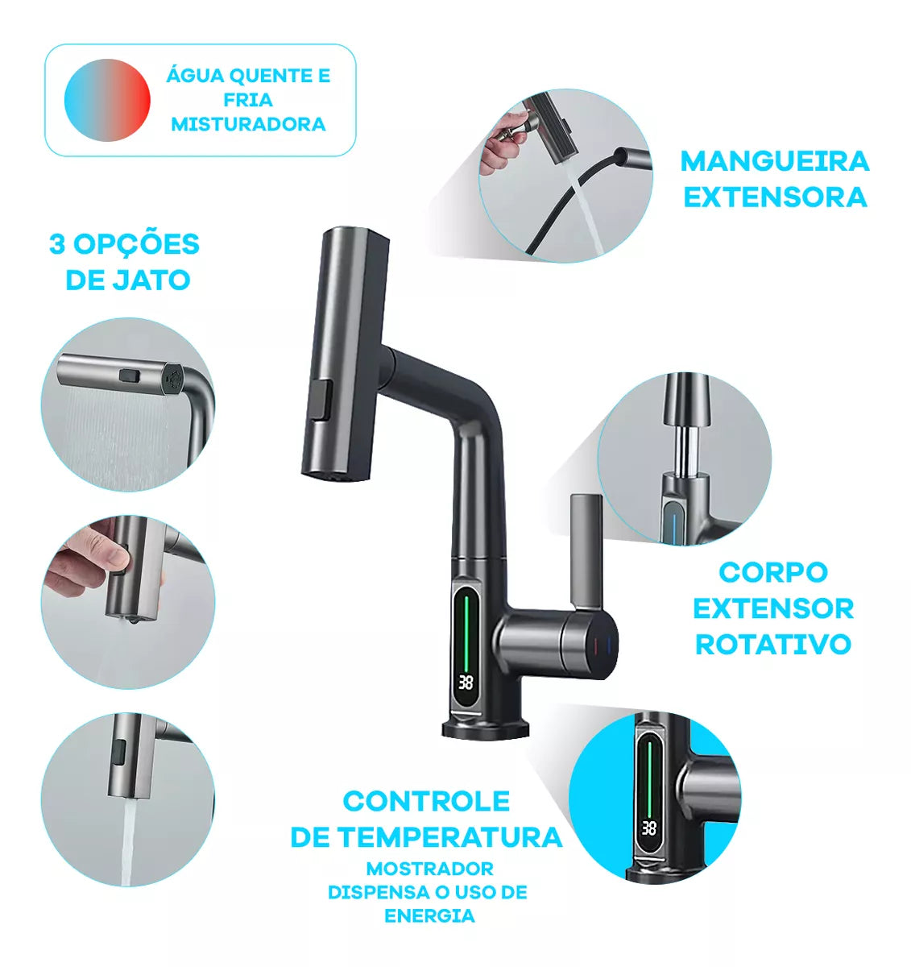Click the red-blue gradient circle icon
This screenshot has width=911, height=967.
tap(107, 100)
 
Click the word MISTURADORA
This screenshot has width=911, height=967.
tap(248, 124)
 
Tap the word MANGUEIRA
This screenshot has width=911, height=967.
tap(775, 161)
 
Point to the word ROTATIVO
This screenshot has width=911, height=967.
tap(773, 644)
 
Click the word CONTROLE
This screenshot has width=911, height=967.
tap(426, 801)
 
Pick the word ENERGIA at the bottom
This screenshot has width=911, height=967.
tap(429, 916)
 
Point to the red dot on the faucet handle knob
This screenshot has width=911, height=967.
tap(594, 645)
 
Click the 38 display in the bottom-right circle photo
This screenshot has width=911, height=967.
tap(648, 828)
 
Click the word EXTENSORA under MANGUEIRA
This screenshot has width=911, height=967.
tap(775, 197)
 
